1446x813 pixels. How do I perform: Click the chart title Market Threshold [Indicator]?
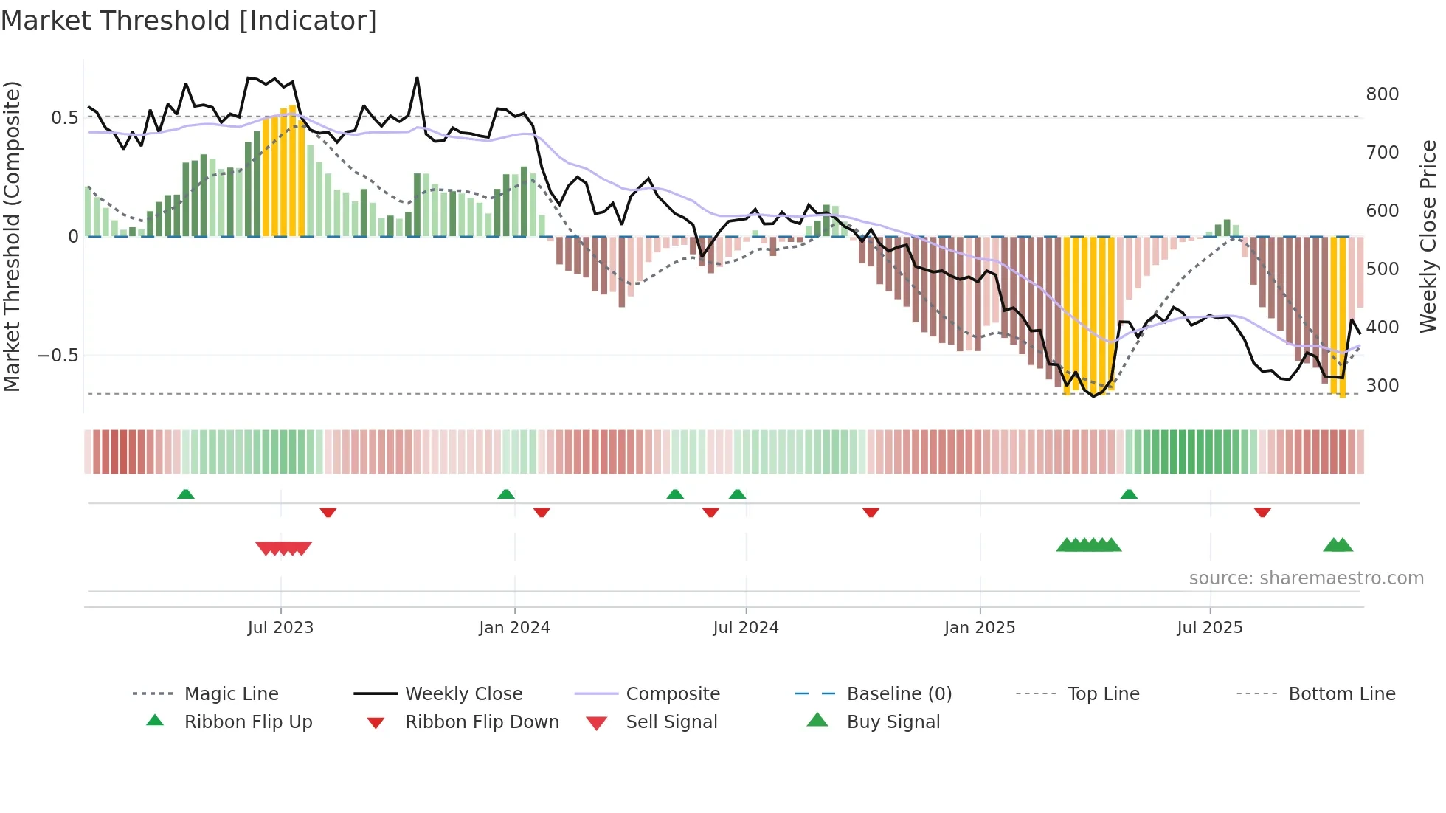pyautogui.click(x=189, y=21)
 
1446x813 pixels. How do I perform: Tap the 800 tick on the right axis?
pyautogui.click(x=1382, y=94)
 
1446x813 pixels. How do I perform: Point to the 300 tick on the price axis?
pyautogui.click(x=1382, y=386)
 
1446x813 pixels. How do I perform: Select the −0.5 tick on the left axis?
pyautogui.click(x=58, y=356)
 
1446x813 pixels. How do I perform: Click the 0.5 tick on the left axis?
pyautogui.click(x=64, y=118)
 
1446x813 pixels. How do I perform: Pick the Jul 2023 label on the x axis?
pyautogui.click(x=280, y=628)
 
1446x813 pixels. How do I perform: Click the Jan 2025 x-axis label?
pyautogui.click(x=979, y=628)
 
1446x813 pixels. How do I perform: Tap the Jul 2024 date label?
pyautogui.click(x=745, y=628)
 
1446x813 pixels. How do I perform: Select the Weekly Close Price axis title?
pyautogui.click(x=1428, y=236)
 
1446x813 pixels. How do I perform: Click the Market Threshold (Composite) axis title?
pyautogui.click(x=12, y=236)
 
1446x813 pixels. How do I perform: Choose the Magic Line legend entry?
pyautogui.click(x=231, y=694)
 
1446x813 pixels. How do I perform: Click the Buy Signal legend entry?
pyautogui.click(x=893, y=722)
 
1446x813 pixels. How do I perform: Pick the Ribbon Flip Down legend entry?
pyautogui.click(x=482, y=722)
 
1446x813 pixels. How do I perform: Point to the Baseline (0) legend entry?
pyautogui.click(x=899, y=694)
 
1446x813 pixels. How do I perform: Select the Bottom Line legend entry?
pyautogui.click(x=1341, y=694)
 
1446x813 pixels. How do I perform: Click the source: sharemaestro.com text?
pyautogui.click(x=1306, y=578)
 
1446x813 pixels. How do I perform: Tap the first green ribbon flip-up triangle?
pyautogui.click(x=186, y=494)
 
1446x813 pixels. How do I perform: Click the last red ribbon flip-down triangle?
pyautogui.click(x=1262, y=512)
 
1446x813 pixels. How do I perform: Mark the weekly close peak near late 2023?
pyautogui.click(x=417, y=77)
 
